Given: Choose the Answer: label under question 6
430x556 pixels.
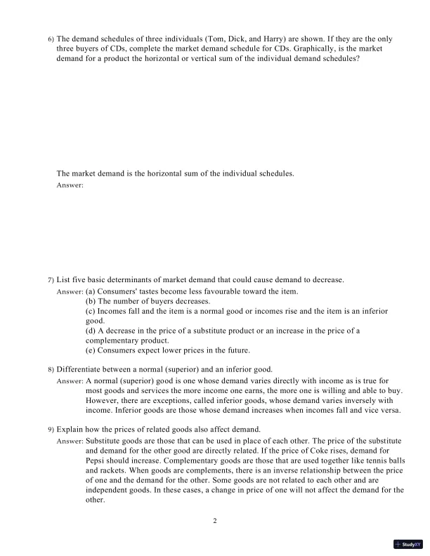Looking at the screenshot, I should [70, 185].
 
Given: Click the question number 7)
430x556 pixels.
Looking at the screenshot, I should [51, 280].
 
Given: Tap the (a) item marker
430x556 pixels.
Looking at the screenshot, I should [90, 291].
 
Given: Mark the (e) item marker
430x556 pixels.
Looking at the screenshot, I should [90, 350].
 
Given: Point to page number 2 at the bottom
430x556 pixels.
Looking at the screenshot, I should [215, 522].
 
